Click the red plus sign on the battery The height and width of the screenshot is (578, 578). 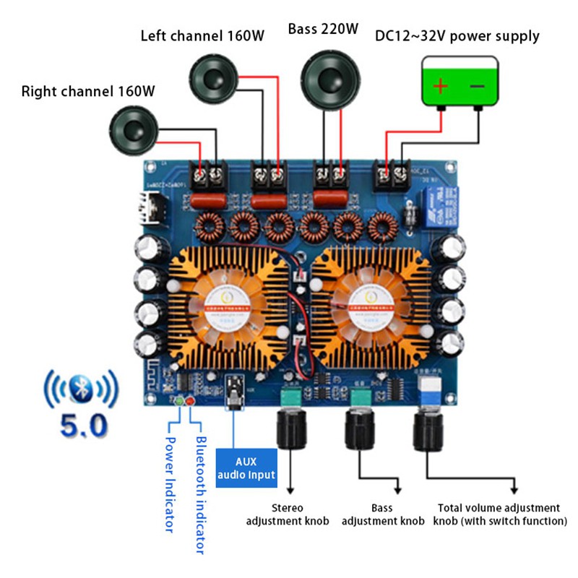point(440,87)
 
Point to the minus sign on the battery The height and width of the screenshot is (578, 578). point(478,87)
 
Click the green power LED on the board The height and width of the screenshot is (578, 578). point(179,400)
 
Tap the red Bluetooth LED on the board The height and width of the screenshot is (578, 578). point(190,400)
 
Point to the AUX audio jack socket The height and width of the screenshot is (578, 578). point(235,391)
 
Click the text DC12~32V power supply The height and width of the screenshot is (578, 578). point(457,35)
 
